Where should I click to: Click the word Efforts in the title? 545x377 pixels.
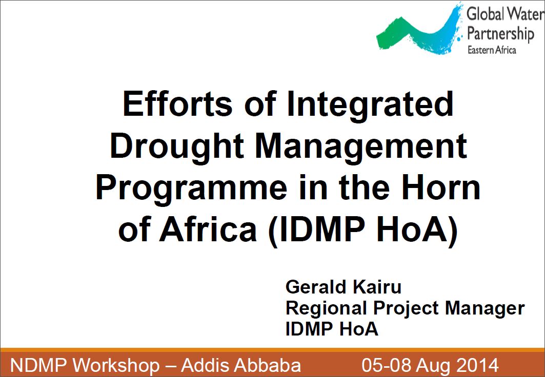pos(177,104)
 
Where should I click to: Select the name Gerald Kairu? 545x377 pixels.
pos(344,287)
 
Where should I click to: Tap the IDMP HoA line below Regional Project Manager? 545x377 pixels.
pos(332,329)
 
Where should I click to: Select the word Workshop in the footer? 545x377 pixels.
pos(117,366)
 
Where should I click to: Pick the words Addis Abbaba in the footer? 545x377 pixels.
pos(241,365)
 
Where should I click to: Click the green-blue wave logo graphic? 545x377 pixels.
pos(419,31)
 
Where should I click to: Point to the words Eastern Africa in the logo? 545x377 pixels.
pos(492,50)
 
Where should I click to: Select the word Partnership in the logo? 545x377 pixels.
pos(500,34)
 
